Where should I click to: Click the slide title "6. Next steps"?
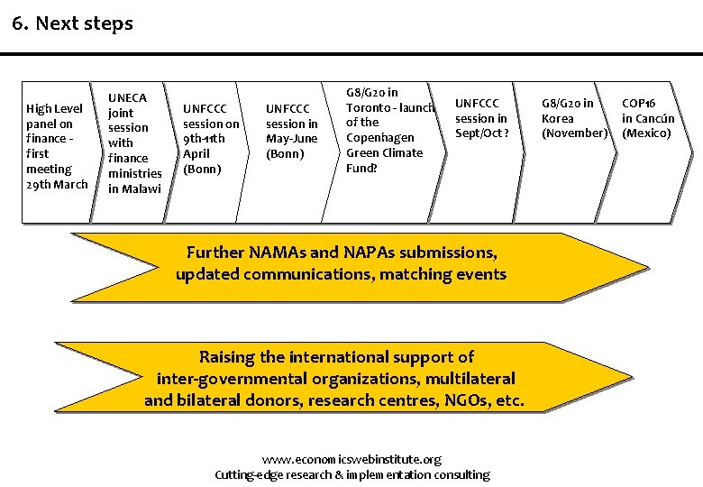click(73, 23)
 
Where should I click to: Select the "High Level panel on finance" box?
click(57, 146)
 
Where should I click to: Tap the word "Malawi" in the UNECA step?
click(134, 188)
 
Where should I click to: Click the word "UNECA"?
click(128, 96)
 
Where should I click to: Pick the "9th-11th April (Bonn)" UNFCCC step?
click(211, 139)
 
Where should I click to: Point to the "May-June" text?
click(292, 139)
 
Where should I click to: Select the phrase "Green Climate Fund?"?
click(384, 160)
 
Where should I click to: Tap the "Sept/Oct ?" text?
click(481, 133)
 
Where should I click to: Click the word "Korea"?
click(557, 118)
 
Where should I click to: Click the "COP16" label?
click(640, 103)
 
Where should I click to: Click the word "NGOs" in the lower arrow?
click(464, 399)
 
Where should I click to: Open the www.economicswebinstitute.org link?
click(352, 459)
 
